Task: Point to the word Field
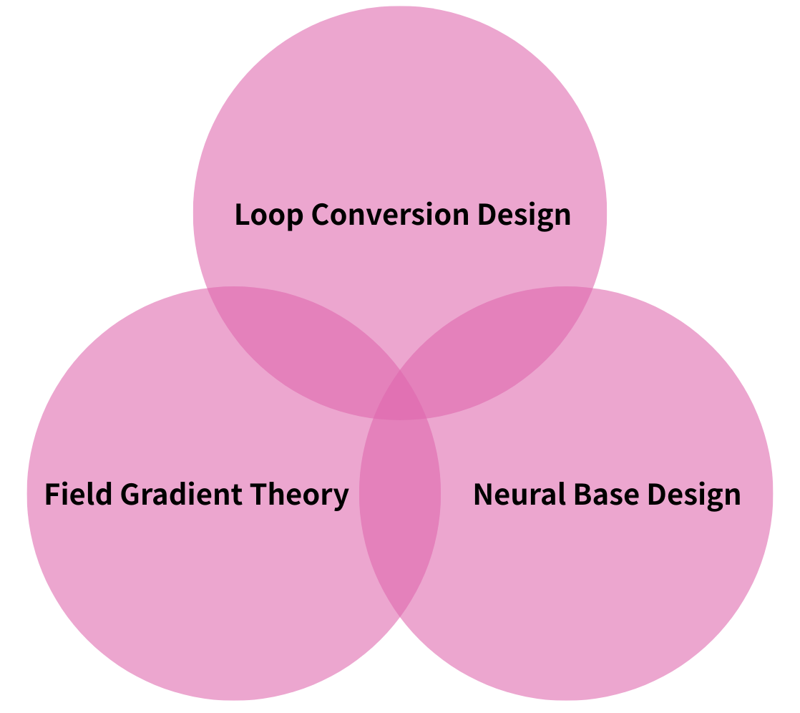click(x=78, y=494)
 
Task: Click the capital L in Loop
click(x=242, y=214)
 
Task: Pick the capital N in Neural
click(x=483, y=494)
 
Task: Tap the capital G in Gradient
click(x=130, y=494)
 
